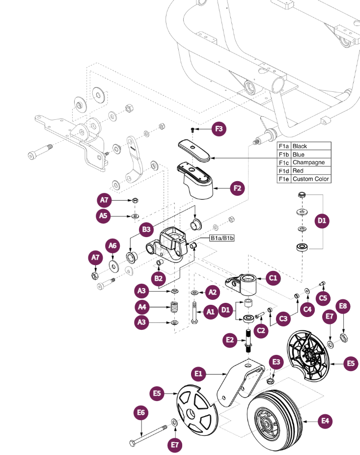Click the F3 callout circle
pos(219,130)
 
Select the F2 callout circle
pos(237,187)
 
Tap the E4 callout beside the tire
pos(325,420)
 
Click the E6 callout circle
pos(141,413)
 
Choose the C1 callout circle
pos(274,278)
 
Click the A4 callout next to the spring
pos(142,308)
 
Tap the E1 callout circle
pos(198,375)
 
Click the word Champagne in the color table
pos(308,162)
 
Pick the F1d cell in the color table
pos(284,171)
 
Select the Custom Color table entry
pos(310,179)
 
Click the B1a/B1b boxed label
pos(222,238)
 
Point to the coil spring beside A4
pos(174,308)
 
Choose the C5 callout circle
pos(323,297)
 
